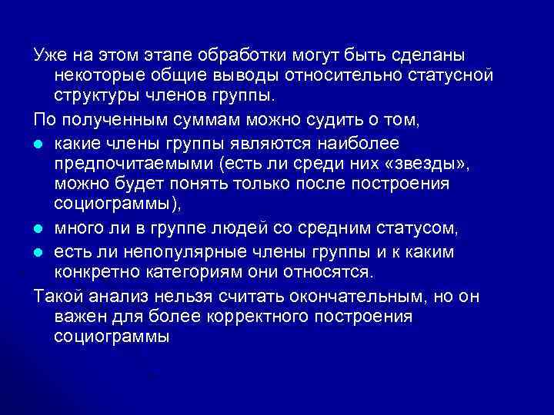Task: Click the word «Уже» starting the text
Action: click(x=49, y=57)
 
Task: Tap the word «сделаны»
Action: click(x=432, y=57)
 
